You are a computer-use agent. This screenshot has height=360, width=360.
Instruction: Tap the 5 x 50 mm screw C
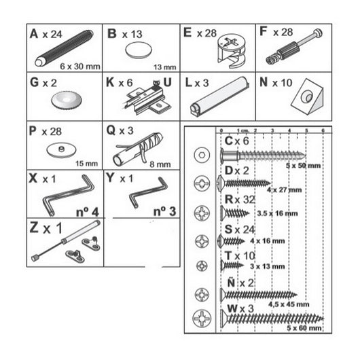(x=258, y=154)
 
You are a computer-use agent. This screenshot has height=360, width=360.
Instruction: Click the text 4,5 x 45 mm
(x=284, y=305)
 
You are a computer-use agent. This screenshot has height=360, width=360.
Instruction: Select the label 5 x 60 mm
(x=305, y=329)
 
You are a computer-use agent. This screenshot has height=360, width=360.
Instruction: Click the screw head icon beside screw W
(x=201, y=318)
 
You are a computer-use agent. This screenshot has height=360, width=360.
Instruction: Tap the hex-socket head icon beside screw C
(x=201, y=154)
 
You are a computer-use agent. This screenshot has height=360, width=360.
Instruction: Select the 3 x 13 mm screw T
(x=234, y=264)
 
